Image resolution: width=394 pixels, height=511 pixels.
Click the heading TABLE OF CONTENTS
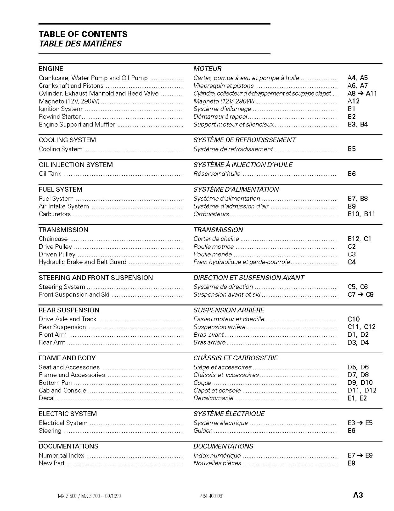point(83,34)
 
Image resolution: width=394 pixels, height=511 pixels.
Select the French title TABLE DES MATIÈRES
point(80,44)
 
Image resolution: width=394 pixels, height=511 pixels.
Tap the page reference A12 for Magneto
point(354,101)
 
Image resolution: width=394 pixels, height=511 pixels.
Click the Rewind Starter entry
point(60,117)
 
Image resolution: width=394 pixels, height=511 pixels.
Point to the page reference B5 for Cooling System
point(352,149)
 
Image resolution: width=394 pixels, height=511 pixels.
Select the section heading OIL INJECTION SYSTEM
point(76,165)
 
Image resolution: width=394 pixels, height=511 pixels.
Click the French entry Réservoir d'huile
point(217,174)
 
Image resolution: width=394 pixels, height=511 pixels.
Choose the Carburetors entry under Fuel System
point(55,214)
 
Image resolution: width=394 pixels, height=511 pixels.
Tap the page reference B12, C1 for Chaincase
point(359,239)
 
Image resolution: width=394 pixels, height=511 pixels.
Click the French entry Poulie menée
point(213,255)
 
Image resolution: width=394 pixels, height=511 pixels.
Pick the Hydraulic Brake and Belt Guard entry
point(83,262)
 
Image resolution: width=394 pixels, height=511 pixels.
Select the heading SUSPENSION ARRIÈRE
point(229,310)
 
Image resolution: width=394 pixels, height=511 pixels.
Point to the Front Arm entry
point(53,335)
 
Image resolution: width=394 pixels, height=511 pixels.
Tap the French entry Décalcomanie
point(213,398)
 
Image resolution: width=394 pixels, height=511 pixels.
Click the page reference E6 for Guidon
point(351,431)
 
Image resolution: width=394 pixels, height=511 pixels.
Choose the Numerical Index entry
point(62,455)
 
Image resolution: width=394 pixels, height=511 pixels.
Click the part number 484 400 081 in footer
point(212,496)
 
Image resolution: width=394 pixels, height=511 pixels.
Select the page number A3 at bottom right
point(358,495)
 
